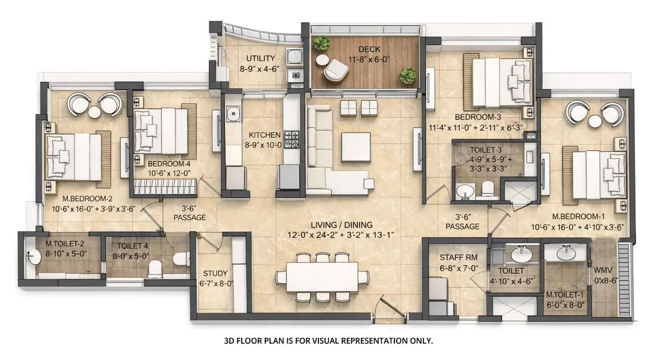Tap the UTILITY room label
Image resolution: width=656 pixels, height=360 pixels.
261,58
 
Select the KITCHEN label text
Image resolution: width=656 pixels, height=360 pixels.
265,135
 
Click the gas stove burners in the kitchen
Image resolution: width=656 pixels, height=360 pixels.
292,139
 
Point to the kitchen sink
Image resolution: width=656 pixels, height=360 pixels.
233,115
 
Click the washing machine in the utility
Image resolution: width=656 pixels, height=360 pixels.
294,56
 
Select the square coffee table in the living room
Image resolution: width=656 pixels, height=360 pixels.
356,147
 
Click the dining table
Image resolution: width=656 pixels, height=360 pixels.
322,276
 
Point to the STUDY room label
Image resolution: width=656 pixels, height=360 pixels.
215,273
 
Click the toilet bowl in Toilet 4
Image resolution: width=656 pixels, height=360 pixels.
155,268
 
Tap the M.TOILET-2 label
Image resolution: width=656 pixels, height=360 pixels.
65,244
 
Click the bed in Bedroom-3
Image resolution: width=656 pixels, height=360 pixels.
502,82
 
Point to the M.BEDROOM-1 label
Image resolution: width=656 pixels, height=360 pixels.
578,217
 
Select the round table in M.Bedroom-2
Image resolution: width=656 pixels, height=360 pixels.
95,112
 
